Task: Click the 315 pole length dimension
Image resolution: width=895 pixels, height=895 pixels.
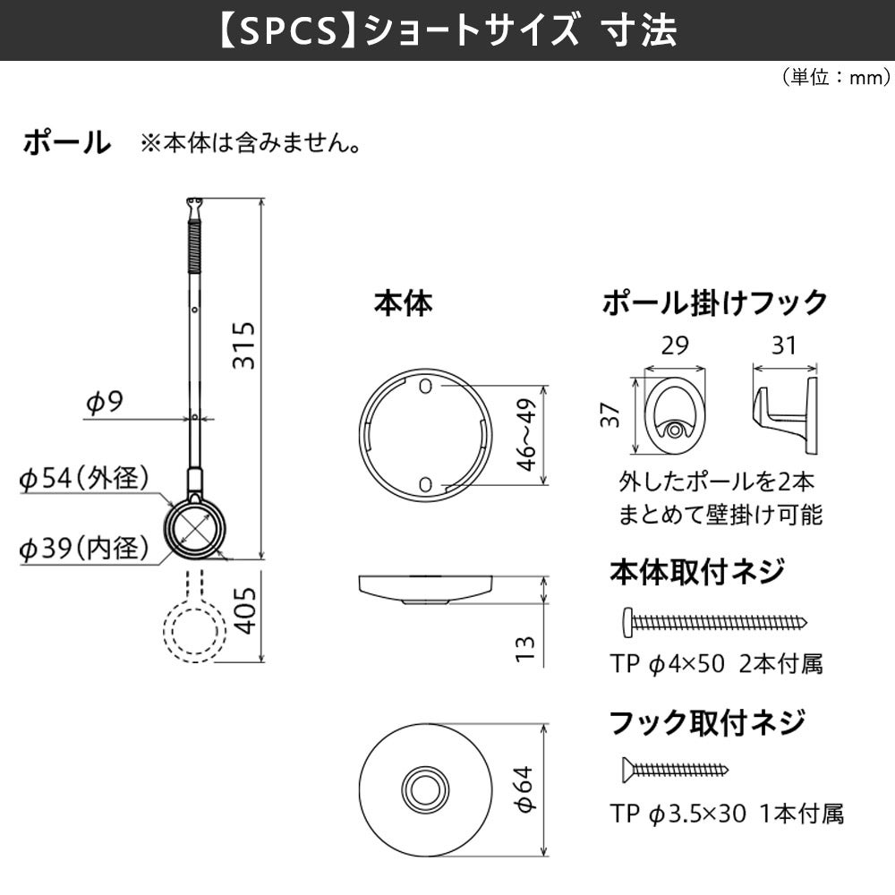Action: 243,345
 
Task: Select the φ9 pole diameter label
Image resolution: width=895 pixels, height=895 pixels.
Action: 104,403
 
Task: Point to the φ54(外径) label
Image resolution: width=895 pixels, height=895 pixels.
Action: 84,479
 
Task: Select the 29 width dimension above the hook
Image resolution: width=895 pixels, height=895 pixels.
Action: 676,345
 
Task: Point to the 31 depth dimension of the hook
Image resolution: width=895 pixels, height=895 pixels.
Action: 783,345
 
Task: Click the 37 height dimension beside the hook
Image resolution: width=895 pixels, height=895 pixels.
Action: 611,415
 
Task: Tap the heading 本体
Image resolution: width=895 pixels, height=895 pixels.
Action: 403,303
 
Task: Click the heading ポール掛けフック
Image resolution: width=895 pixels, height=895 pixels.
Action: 714,303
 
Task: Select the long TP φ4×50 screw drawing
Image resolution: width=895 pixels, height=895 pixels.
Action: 713,620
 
